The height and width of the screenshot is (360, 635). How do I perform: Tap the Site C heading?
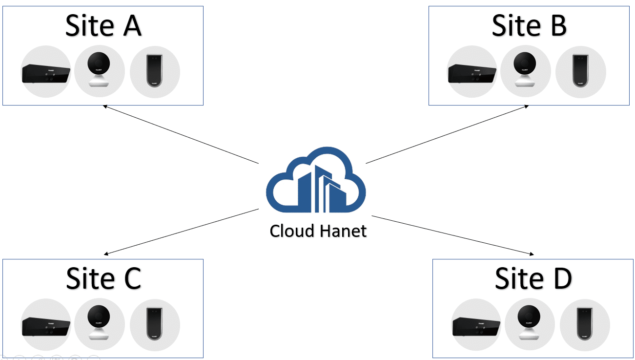coord(103,278)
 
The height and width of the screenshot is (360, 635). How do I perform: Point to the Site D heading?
coord(533,278)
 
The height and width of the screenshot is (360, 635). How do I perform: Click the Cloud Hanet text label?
coord(318,231)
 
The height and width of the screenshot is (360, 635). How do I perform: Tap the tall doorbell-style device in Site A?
coord(155,71)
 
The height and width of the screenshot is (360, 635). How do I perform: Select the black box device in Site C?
coord(46,325)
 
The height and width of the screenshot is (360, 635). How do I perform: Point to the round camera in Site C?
coord(99,322)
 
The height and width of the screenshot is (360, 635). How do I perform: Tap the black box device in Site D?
coord(476,325)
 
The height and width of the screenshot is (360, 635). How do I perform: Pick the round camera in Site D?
coord(529,322)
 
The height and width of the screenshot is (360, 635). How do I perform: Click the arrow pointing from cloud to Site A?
coord(181,134)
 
